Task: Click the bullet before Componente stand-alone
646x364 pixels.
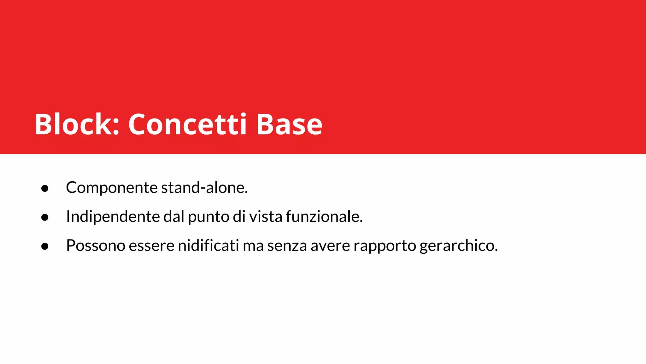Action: click(45, 188)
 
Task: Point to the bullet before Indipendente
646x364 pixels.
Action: click(45, 217)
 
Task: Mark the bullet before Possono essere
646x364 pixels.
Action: click(45, 246)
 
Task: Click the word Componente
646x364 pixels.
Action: click(112, 188)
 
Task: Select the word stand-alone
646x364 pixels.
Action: click(204, 188)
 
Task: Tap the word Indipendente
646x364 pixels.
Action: click(113, 217)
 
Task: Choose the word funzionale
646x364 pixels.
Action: click(324, 217)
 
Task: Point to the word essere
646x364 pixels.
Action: click(151, 246)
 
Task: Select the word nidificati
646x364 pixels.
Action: click(208, 246)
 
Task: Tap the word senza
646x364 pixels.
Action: click(287, 246)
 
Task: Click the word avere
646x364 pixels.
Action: click(330, 246)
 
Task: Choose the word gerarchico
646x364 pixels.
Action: click(458, 246)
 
